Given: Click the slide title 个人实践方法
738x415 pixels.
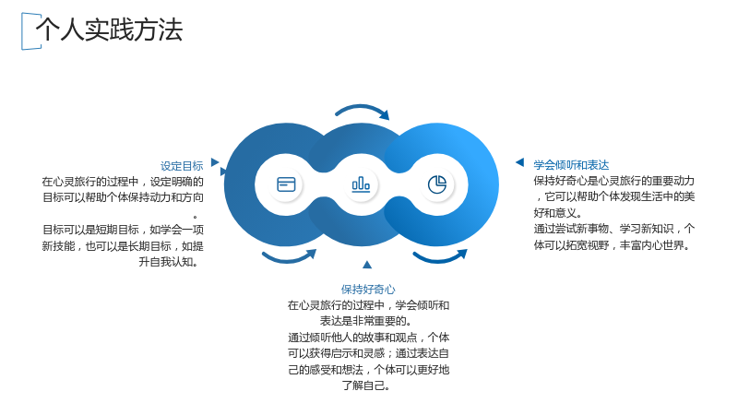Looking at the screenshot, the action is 109,30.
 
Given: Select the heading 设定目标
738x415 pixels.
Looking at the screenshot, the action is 182,166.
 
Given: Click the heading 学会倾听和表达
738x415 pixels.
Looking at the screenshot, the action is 571,165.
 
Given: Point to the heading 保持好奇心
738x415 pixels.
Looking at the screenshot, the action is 368,290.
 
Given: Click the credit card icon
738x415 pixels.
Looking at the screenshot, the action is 286,184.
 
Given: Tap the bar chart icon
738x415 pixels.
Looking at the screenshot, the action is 361,184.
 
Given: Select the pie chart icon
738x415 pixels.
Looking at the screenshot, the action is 436,184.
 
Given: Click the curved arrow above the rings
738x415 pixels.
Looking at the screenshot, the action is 362,107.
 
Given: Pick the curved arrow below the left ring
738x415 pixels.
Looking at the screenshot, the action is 288,260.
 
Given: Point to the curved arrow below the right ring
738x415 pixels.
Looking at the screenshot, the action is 439,260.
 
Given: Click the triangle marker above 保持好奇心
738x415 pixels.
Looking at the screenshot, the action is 367,265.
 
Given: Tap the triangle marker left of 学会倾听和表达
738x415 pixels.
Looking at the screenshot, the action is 520,162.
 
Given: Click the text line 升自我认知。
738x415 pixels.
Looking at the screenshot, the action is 169,262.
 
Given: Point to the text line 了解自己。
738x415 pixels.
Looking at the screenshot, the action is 366,385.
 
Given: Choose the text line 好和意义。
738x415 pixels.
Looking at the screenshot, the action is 558,213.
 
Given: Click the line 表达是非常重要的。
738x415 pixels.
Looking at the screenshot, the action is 366,321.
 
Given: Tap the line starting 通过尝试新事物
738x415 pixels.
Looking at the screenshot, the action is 614,229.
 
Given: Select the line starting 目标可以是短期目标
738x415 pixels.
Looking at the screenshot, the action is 123,230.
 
